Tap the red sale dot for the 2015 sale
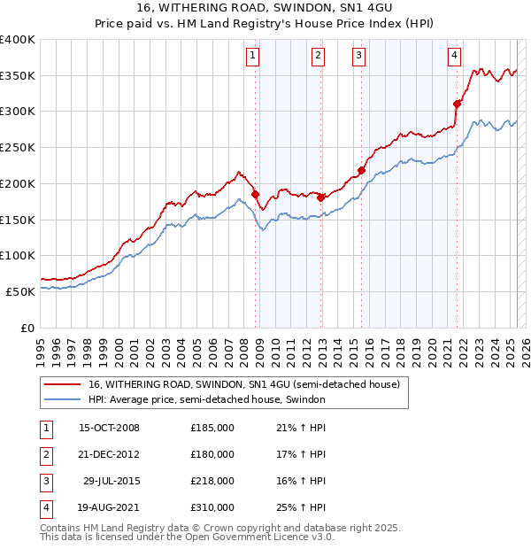(x=361, y=170)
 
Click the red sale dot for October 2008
(x=256, y=194)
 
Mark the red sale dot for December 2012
(x=320, y=197)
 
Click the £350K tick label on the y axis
(x=18, y=76)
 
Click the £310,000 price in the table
(x=212, y=508)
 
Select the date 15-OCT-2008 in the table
(x=109, y=429)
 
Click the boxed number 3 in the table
(x=44, y=482)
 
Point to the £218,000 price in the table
(x=212, y=482)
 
